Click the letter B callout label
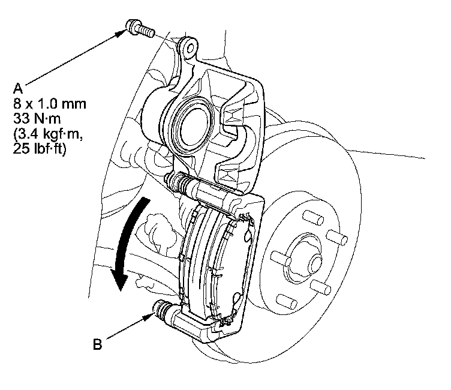(x=97, y=345)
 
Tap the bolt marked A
(x=139, y=28)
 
